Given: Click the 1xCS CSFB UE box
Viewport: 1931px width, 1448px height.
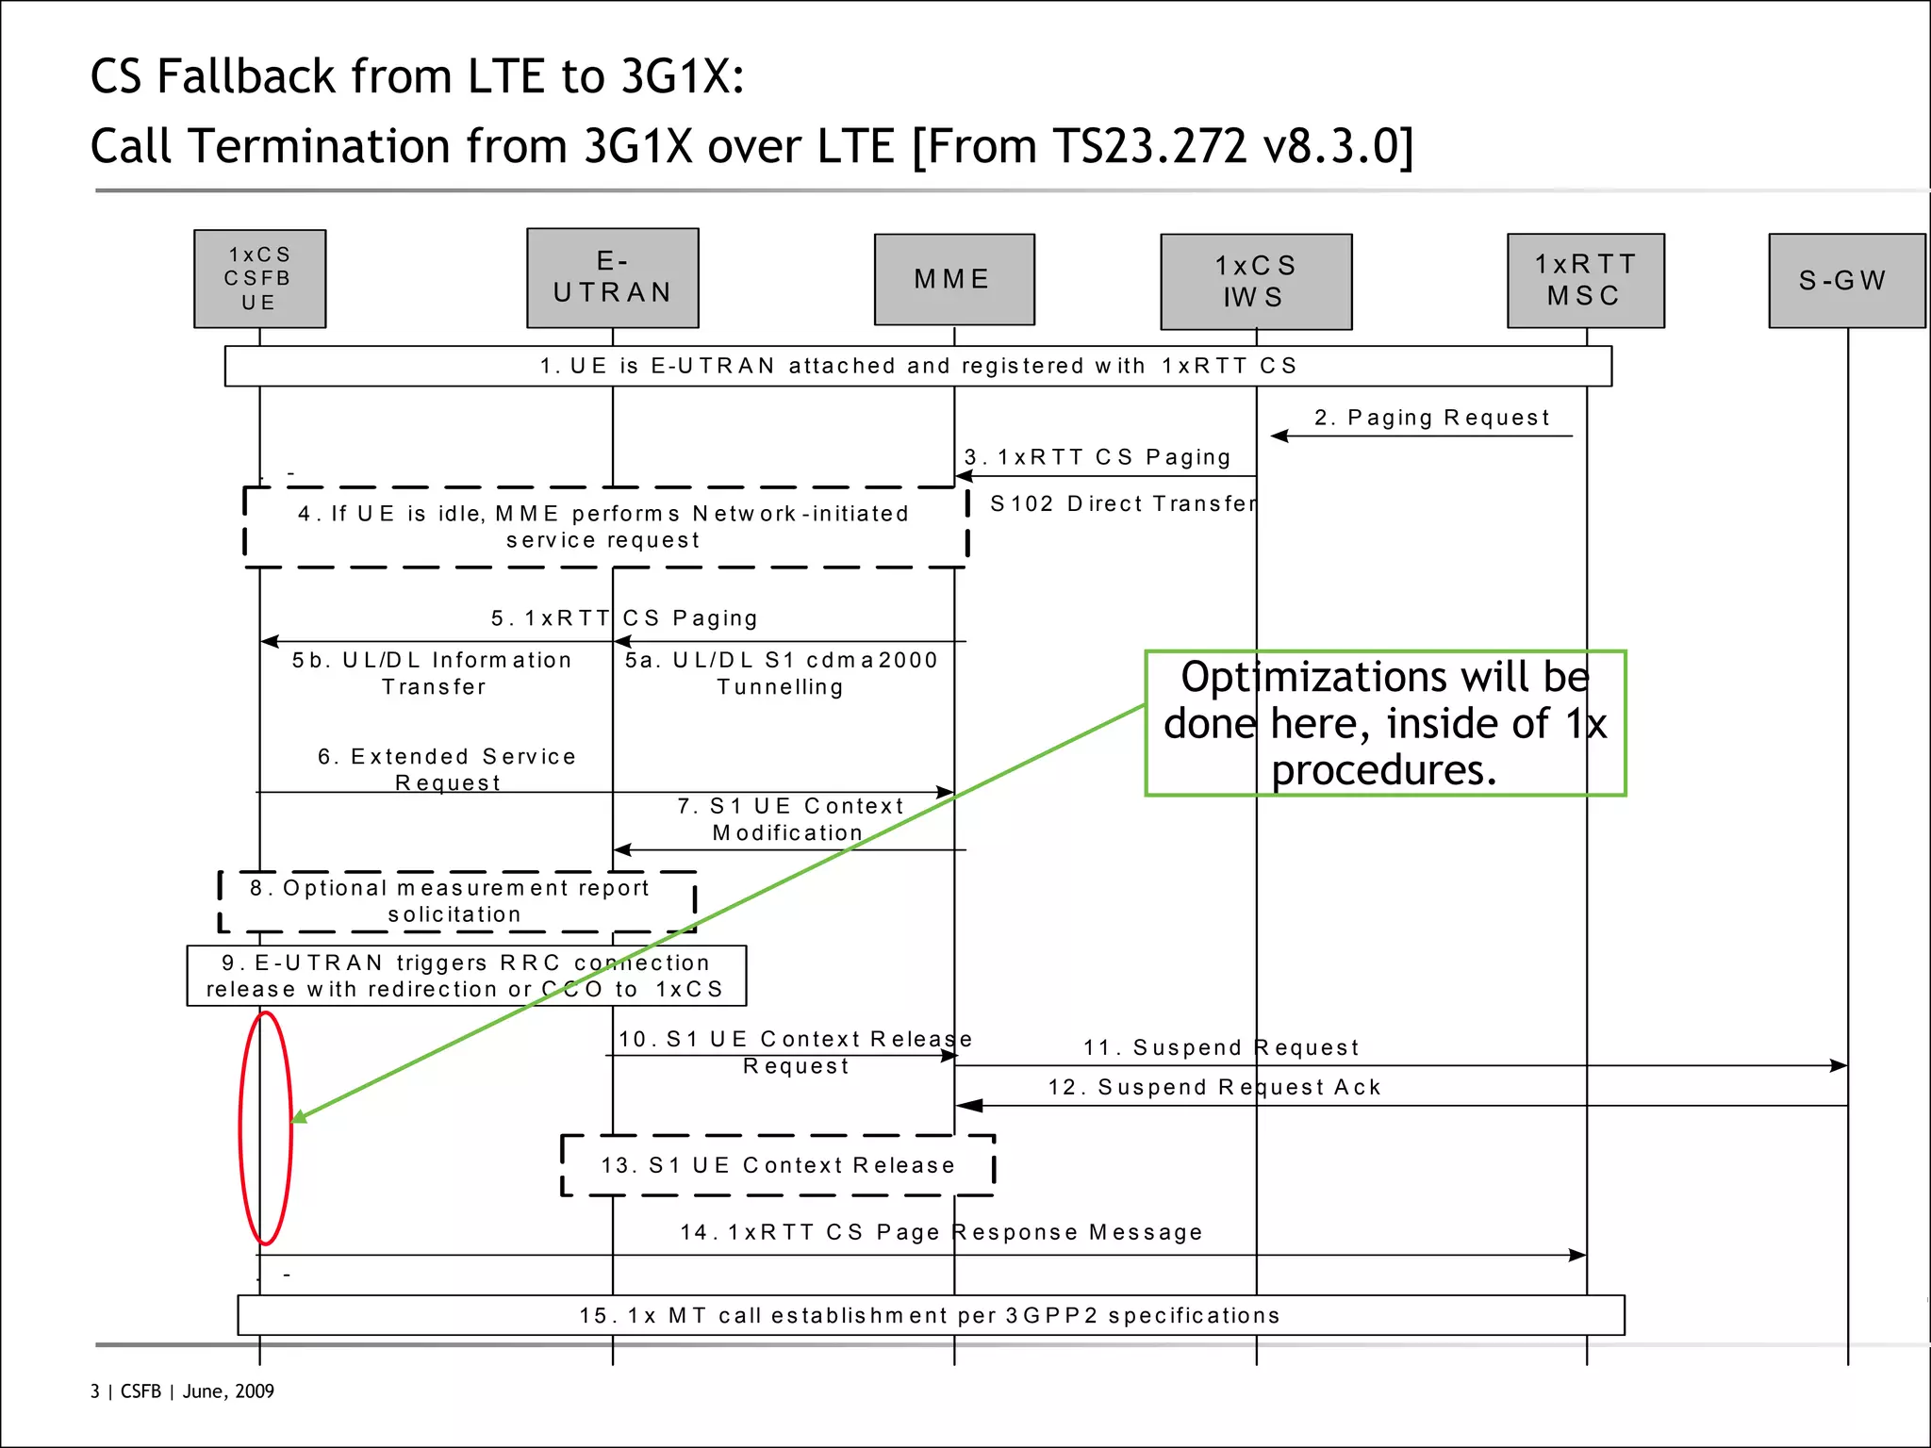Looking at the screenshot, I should click(x=259, y=279).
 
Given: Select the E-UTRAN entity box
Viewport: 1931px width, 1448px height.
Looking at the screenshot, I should click(x=612, y=278).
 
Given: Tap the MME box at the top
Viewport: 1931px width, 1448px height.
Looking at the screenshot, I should click(x=953, y=279).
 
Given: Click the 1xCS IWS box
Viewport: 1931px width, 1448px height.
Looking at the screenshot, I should click(x=1255, y=282).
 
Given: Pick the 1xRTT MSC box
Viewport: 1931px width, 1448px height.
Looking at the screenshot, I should click(x=1585, y=281).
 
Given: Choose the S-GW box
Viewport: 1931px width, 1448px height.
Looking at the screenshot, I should click(x=1845, y=281).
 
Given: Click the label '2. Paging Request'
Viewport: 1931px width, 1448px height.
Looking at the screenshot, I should click(x=1431, y=418).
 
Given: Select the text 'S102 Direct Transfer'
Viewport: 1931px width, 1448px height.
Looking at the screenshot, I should click(x=1123, y=503).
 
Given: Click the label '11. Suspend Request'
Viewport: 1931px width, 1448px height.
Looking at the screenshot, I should click(x=1221, y=1047).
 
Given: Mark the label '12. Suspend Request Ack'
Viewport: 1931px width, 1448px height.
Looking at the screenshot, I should click(x=1214, y=1087).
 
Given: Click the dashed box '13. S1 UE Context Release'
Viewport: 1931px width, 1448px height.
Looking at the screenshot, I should click(x=777, y=1165).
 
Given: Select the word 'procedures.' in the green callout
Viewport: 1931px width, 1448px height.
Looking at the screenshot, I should click(x=1383, y=770).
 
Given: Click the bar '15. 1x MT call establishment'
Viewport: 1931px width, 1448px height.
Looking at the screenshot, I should click(x=930, y=1315).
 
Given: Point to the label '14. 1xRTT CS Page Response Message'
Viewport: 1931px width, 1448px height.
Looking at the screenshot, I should click(x=941, y=1232).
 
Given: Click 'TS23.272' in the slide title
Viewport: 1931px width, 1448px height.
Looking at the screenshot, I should click(x=1148, y=146).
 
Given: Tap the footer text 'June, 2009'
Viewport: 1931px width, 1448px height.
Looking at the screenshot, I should click(x=228, y=1391).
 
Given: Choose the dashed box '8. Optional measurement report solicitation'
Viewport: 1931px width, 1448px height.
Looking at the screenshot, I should click(x=456, y=901).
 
